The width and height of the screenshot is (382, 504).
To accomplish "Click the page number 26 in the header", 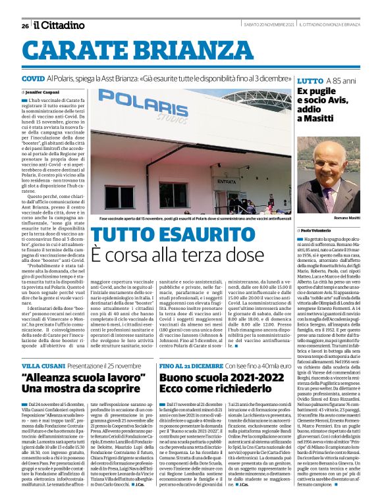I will (x=25, y=26).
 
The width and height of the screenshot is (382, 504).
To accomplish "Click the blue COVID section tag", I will (x=33, y=78).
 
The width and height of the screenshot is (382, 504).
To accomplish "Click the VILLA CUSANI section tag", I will (x=41, y=365).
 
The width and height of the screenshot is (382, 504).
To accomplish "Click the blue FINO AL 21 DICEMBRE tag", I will (x=191, y=365).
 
